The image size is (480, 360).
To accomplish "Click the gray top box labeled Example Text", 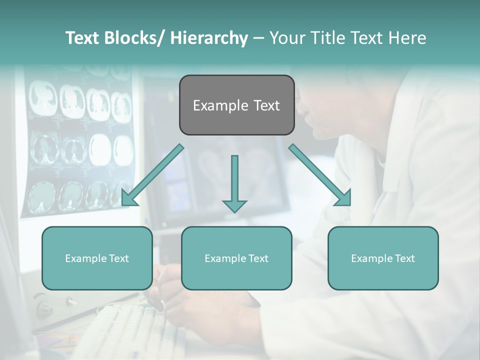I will tap(236, 105).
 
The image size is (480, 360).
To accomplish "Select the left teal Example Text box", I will tap(97, 258).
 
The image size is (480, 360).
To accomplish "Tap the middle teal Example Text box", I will tap(236, 258).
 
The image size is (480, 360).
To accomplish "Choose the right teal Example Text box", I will tap(383, 258).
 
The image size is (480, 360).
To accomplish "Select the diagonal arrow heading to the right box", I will tap(320, 175).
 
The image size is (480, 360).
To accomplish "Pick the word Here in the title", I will tap(407, 38).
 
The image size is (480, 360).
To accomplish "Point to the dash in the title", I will tap(258, 38).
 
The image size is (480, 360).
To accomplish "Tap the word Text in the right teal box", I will tap(404, 258).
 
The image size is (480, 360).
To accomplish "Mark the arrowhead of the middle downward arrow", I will tap(234, 205).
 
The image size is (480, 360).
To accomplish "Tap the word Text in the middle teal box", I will tap(257, 258).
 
